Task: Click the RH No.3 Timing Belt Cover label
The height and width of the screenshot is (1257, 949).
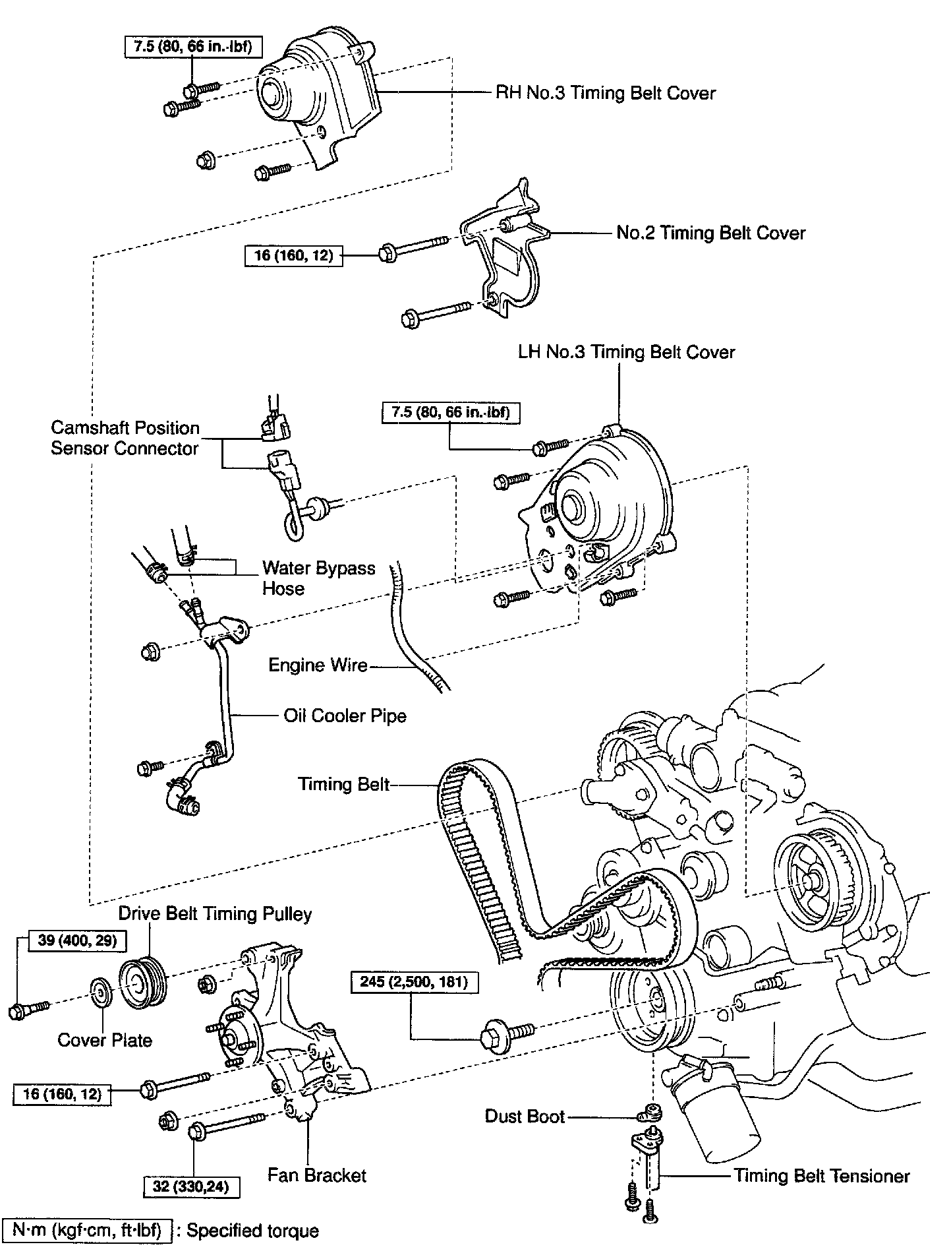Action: [x=605, y=93]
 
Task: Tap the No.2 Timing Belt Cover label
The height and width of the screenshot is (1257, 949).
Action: [x=710, y=233]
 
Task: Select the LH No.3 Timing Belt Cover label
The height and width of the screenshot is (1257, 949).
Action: [x=626, y=352]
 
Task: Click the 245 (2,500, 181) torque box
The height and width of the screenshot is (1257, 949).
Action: [x=414, y=982]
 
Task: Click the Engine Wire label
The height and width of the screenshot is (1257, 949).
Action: [x=318, y=665]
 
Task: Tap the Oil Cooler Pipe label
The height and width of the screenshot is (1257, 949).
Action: [x=345, y=716]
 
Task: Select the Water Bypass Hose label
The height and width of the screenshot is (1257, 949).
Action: [x=318, y=578]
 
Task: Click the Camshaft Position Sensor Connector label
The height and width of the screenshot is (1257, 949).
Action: [x=125, y=438]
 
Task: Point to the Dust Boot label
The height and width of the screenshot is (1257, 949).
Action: [x=525, y=1116]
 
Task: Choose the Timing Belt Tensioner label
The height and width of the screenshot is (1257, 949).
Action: [x=822, y=1175]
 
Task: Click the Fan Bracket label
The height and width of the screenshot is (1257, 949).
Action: [x=316, y=1175]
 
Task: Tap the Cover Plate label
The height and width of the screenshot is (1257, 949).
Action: [x=105, y=1040]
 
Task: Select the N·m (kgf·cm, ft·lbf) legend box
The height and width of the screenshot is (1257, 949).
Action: [x=88, y=1231]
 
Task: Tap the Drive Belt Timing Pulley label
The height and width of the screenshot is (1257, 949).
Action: [x=215, y=913]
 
